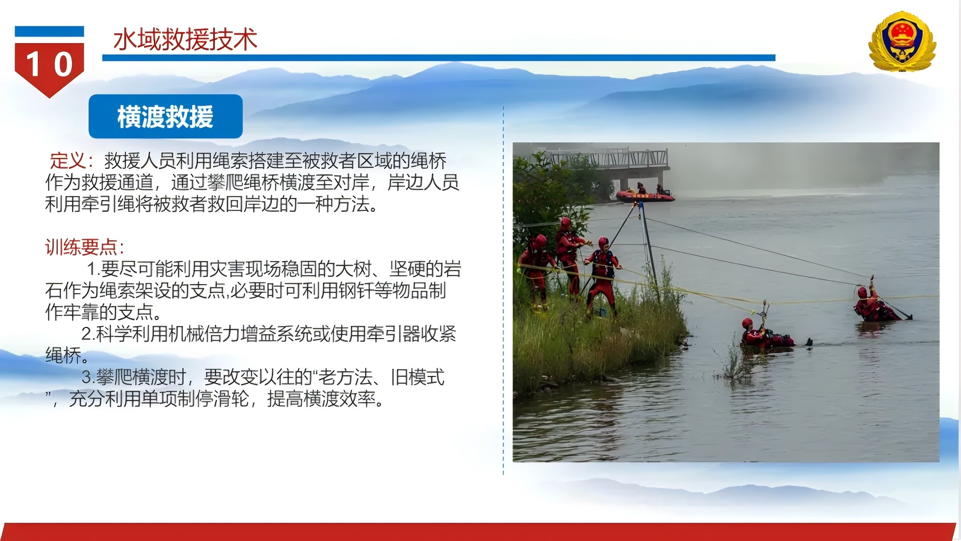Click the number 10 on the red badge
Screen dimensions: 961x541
(x=49, y=65)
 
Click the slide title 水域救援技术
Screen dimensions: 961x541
(x=185, y=39)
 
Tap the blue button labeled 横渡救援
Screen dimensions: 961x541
(x=166, y=117)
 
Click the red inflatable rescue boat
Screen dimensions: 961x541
(x=646, y=196)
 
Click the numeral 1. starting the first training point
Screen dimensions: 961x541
(x=93, y=269)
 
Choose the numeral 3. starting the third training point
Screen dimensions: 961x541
(x=89, y=377)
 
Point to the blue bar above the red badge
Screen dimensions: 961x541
(x=49, y=32)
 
